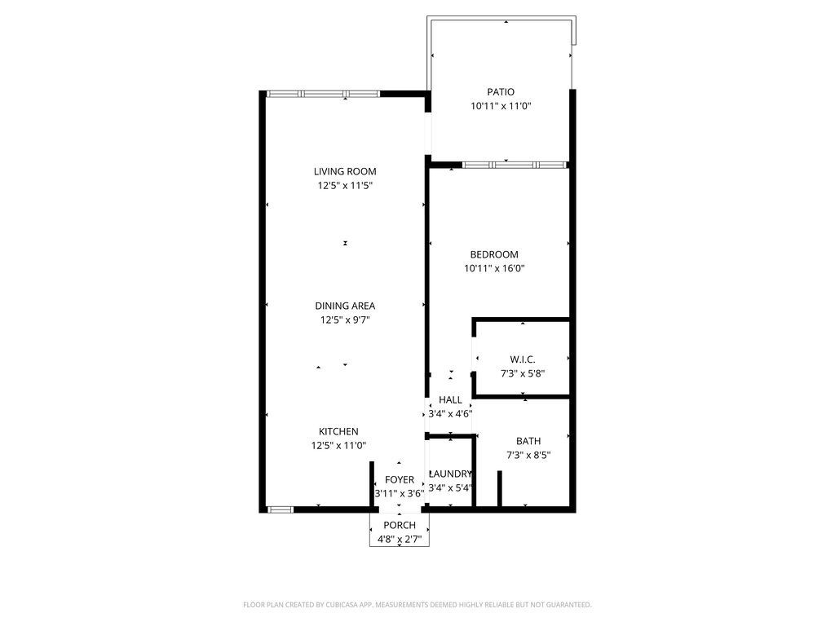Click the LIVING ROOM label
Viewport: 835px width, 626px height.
click(x=345, y=171)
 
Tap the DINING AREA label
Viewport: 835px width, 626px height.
click(x=345, y=306)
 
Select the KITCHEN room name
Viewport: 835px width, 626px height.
click(x=338, y=432)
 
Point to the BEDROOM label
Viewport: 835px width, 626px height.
click(x=494, y=254)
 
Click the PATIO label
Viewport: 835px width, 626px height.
click(x=501, y=92)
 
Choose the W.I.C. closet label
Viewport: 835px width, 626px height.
click(x=523, y=359)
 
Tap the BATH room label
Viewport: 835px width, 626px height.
click(x=528, y=441)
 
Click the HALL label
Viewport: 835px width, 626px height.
click(x=450, y=399)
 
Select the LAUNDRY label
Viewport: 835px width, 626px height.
click(x=450, y=474)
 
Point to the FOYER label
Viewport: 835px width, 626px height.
click(x=400, y=480)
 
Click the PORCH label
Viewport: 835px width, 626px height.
click(x=400, y=526)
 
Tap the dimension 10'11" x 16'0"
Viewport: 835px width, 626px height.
click(x=494, y=268)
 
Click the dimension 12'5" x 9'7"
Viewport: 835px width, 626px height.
click(x=345, y=320)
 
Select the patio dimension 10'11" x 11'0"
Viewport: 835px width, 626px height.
click(x=501, y=106)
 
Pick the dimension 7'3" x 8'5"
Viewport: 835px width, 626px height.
click(x=528, y=455)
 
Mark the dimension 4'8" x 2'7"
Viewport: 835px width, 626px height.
click(x=400, y=540)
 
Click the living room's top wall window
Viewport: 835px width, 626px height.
click(x=323, y=94)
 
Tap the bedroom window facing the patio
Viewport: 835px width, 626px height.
click(x=514, y=165)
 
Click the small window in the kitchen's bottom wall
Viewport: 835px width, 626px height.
click(x=281, y=510)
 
